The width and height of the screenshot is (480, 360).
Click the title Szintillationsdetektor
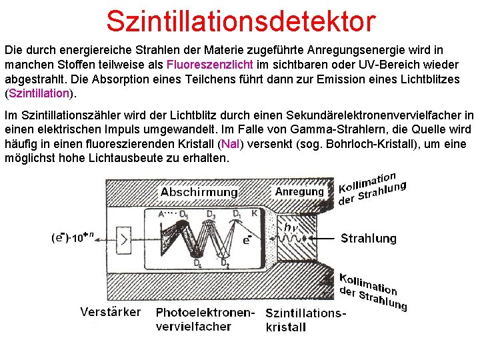(241, 21)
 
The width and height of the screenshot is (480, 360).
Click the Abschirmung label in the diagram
(199, 192)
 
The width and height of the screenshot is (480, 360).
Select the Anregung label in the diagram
(299, 191)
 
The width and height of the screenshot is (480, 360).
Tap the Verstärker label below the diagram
(111, 312)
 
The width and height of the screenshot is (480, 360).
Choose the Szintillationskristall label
(305, 319)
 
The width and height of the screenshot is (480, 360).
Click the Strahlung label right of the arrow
(368, 238)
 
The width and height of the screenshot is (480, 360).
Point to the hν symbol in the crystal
(291, 228)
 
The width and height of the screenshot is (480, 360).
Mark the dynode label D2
(225, 264)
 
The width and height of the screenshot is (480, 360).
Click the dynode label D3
(211, 214)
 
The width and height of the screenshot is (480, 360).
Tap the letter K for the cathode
(255, 214)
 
